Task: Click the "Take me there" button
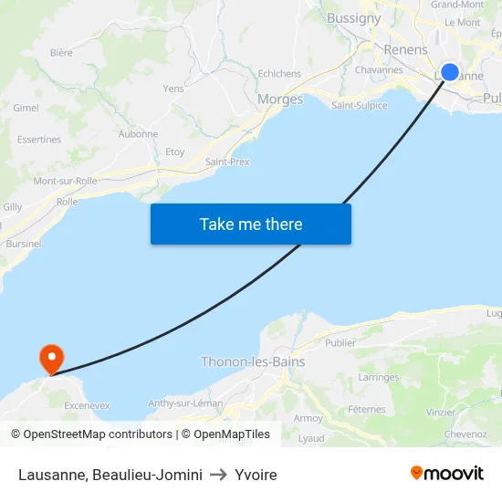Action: coord(251,224)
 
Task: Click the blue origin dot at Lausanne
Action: coord(450,72)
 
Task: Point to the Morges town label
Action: coord(280,99)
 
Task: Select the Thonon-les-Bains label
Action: coord(253,361)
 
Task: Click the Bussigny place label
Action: coord(353,18)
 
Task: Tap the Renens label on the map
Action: coord(406,50)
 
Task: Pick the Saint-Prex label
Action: coord(227,162)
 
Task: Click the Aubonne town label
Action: coord(138,134)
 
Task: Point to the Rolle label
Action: coord(67,202)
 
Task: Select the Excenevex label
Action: coord(88,404)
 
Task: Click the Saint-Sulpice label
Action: coord(359,105)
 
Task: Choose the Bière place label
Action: coord(61,53)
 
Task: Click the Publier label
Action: coord(340,343)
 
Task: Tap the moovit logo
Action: coord(447,473)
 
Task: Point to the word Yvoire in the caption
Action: coord(256,475)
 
